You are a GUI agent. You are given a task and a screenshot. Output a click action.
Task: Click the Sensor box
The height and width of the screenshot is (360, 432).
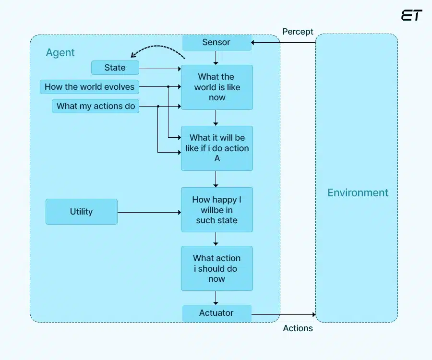(216, 43)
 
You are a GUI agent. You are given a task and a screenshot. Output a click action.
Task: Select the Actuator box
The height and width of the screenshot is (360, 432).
(216, 313)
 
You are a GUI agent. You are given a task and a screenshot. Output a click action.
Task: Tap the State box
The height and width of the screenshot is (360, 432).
(115, 68)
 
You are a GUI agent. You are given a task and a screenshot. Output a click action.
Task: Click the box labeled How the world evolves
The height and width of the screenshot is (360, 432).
(89, 87)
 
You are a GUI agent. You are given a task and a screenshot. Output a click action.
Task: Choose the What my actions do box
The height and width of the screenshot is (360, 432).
(96, 106)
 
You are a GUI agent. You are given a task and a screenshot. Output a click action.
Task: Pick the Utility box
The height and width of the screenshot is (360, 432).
(82, 212)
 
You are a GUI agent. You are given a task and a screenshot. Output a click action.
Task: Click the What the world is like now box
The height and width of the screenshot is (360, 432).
(216, 87)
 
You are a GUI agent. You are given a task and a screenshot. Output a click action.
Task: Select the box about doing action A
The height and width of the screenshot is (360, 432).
(216, 148)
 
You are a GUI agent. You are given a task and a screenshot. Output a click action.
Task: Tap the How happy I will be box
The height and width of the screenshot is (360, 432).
(216, 210)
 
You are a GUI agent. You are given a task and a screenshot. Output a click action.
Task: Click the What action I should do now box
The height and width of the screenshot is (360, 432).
(216, 268)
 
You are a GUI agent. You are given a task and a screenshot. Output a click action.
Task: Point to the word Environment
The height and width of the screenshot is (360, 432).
(358, 193)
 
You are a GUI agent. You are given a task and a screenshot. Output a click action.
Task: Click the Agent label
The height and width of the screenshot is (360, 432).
(60, 53)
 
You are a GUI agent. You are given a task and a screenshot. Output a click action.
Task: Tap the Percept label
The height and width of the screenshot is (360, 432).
(298, 32)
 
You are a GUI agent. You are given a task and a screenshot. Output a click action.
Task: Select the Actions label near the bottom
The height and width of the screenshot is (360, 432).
(298, 328)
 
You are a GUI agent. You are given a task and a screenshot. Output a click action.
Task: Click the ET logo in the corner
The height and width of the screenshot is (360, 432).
(411, 15)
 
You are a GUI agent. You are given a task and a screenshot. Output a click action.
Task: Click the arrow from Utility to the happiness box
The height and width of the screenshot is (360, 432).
(149, 212)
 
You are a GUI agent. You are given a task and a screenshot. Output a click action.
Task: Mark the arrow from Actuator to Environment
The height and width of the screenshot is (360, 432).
(283, 315)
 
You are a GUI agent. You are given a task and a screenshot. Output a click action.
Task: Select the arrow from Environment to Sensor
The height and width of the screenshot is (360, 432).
(283, 43)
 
